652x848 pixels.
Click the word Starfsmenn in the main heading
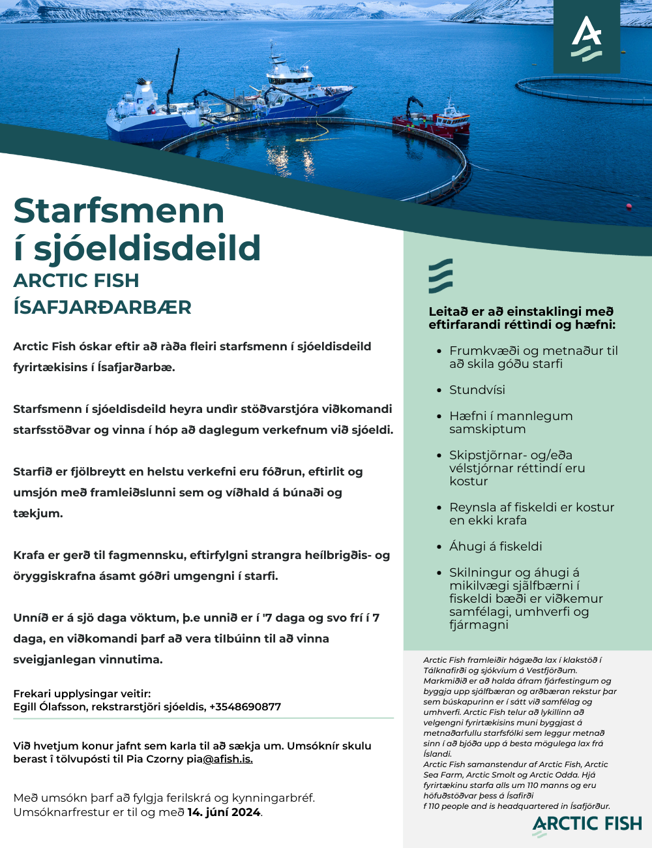click(x=119, y=211)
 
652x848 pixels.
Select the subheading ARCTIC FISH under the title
click(x=76, y=280)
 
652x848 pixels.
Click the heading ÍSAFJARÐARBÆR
click(x=102, y=307)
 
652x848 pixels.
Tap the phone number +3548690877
click(x=245, y=706)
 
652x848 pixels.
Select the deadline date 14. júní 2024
click(x=224, y=812)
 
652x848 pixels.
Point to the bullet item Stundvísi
click(x=477, y=390)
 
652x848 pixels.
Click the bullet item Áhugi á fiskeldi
click(x=496, y=547)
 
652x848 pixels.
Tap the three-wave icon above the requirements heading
click(x=441, y=276)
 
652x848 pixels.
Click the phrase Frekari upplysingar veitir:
click(x=82, y=693)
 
